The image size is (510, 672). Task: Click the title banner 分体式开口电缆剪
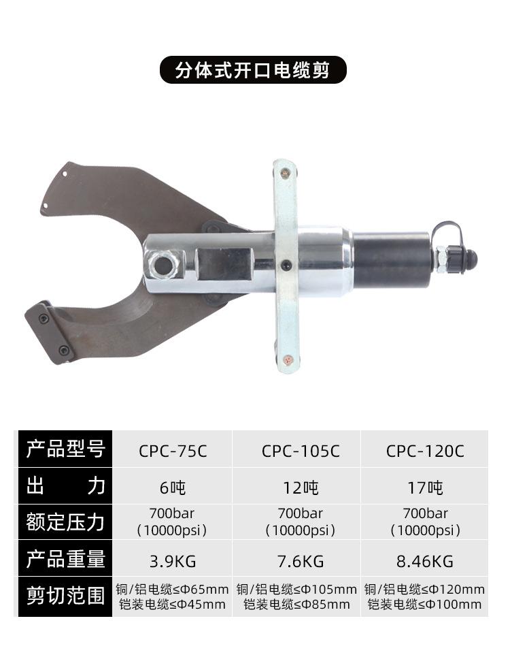click(x=253, y=70)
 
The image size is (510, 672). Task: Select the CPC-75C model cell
click(x=173, y=451)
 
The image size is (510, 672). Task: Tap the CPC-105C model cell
click(x=301, y=451)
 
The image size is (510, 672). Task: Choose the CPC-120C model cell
click(x=425, y=451)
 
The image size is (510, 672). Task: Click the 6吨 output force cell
click(x=173, y=487)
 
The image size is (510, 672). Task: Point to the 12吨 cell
click(x=301, y=487)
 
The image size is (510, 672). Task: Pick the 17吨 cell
click(x=425, y=487)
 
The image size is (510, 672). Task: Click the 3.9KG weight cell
click(x=173, y=560)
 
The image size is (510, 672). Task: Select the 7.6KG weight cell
click(x=301, y=560)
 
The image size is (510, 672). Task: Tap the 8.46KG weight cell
click(x=425, y=560)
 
